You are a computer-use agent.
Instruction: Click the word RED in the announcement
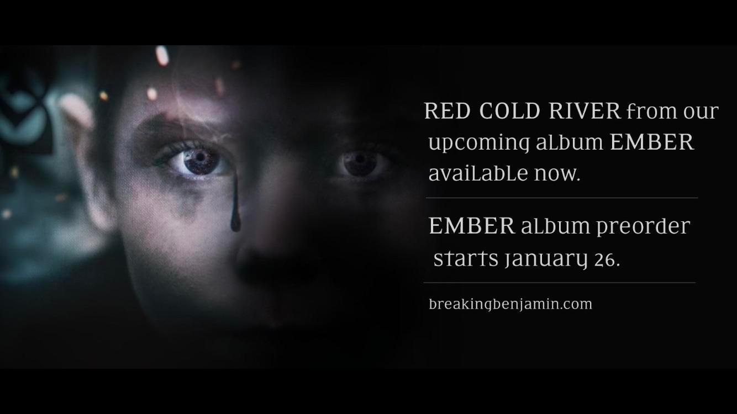point(447,112)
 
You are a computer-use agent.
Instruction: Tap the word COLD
point(509,112)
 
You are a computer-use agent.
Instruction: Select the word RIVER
point(585,112)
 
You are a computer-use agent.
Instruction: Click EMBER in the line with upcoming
point(651,142)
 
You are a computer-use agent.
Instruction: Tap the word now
point(557,174)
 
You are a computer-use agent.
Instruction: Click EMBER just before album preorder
point(472,226)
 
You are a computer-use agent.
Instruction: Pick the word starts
point(466,258)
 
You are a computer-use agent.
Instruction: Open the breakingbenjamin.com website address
point(510,304)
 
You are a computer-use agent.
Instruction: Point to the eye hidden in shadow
point(359,162)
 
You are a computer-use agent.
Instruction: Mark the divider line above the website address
point(559,283)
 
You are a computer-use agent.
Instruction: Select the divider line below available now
point(561,198)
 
